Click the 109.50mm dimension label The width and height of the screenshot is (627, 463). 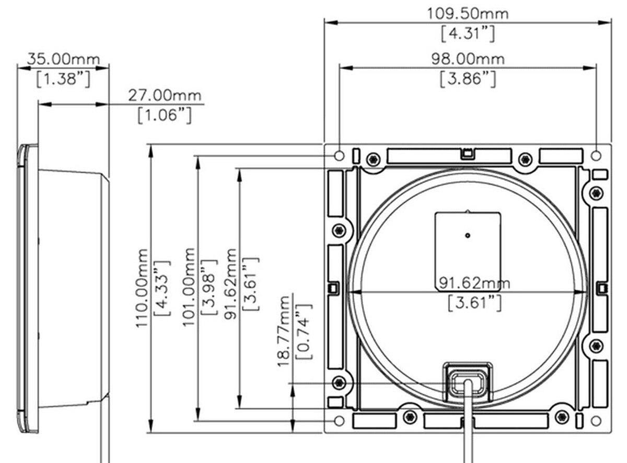[468, 13]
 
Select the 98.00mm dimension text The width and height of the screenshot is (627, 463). [468, 58]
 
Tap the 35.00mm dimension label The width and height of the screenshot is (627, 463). [63, 58]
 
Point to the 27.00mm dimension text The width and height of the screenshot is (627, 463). [165, 96]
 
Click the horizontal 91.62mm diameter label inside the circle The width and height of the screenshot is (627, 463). [474, 283]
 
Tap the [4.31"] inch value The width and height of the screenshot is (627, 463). [467, 34]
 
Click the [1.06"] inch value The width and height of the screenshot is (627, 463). [165, 115]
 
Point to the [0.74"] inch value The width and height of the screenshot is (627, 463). [303, 331]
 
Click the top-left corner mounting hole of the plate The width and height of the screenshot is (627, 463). [339, 156]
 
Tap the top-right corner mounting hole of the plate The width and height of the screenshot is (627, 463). [596, 156]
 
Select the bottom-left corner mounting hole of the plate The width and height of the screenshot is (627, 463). [339, 421]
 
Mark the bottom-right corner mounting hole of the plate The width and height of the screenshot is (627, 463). [596, 421]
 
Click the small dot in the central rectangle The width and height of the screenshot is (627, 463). [468, 235]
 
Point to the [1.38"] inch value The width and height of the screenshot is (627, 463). [63, 79]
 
